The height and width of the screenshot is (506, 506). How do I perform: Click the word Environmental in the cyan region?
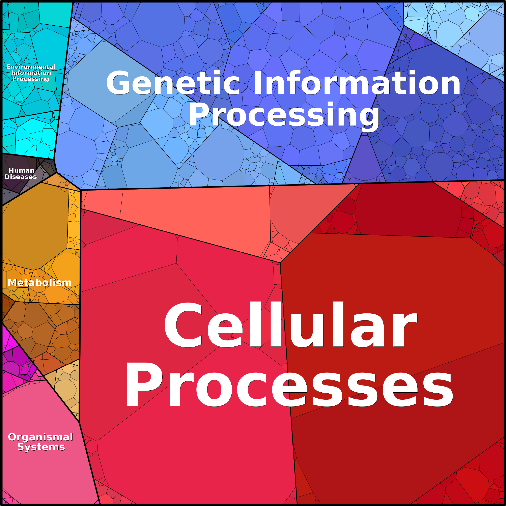coord(31,67)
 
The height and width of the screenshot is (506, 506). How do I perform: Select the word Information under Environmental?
coord(31,73)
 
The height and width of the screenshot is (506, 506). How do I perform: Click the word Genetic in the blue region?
coord(173,83)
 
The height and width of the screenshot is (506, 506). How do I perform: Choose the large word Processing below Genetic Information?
coord(284,115)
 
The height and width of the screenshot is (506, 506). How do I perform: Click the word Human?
coord(22,170)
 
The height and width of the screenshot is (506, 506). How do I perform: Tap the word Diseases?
coord(21,177)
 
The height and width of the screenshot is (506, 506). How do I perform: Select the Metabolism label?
coord(39,283)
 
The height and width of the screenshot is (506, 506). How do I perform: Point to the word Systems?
coord(41,447)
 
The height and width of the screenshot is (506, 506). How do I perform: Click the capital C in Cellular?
coord(183,325)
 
